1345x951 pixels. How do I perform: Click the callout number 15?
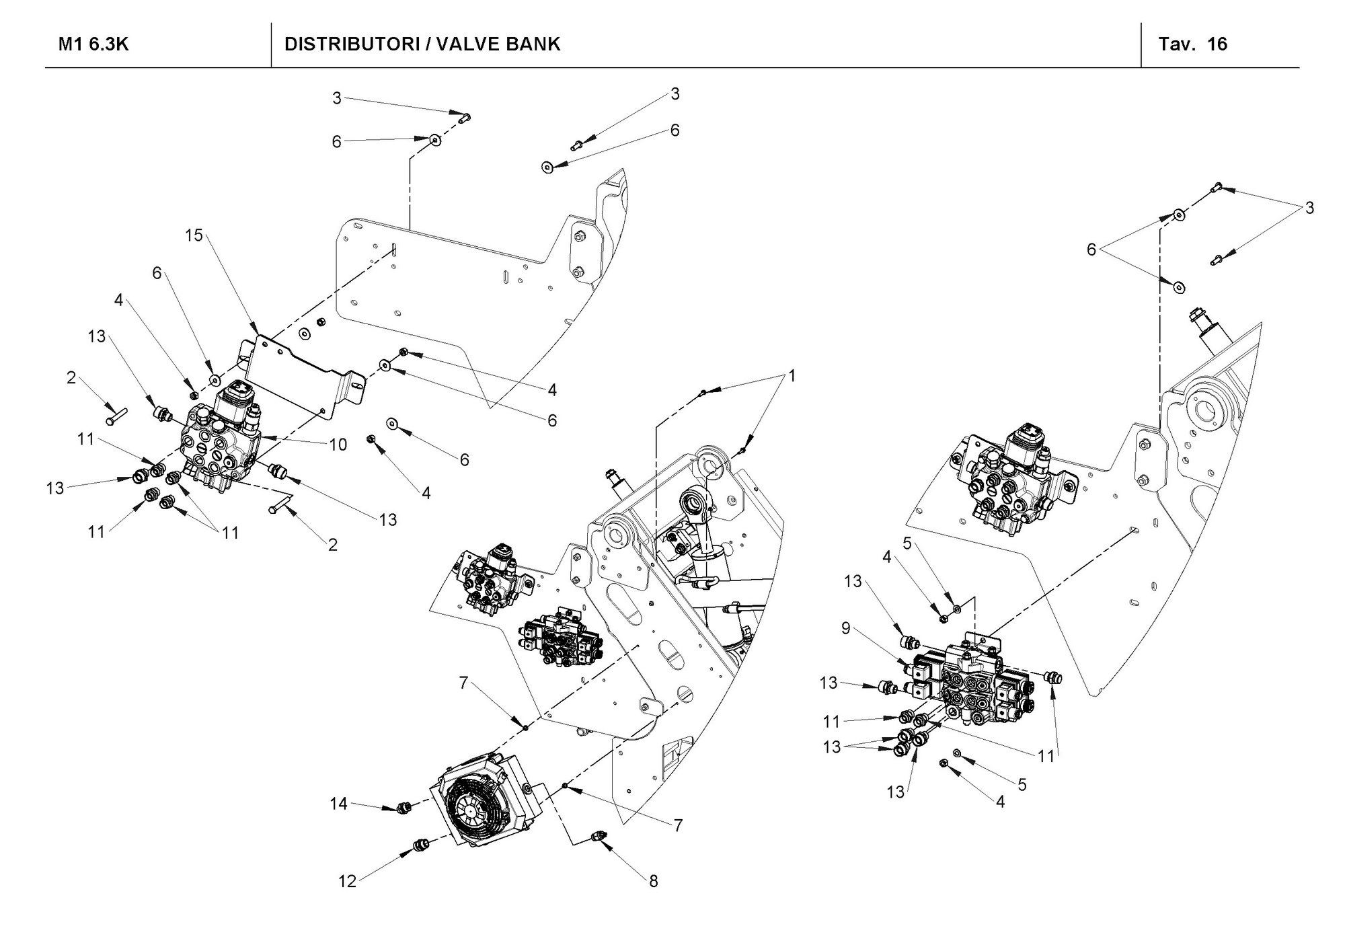point(194,236)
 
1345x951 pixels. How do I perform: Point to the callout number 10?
point(338,445)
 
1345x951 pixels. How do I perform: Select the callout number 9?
point(846,629)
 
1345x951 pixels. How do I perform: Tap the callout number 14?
point(338,803)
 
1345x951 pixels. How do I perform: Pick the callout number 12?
point(347,881)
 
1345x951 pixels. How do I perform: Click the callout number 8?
point(653,881)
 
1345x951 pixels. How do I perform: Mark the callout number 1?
point(792,376)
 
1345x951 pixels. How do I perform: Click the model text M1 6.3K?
point(93,44)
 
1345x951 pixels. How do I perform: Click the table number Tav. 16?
point(1193,44)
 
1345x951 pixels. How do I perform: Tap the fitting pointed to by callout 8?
point(595,837)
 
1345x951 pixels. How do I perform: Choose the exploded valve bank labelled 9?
point(968,686)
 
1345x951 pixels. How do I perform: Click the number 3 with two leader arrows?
point(1309,208)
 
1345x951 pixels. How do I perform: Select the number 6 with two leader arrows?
point(1091,250)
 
